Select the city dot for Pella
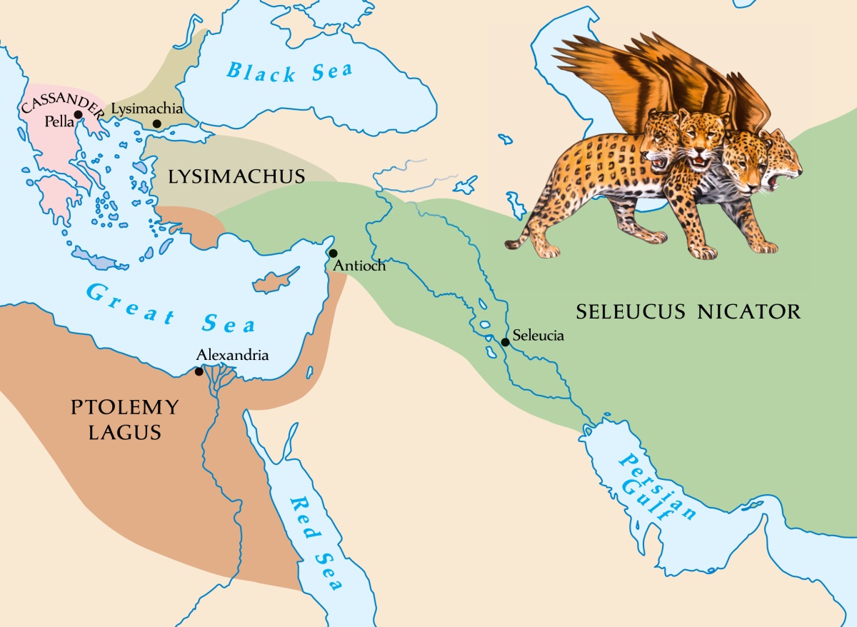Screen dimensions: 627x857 (78, 114)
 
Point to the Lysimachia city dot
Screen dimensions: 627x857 (156, 124)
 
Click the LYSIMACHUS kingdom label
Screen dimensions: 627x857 (236, 176)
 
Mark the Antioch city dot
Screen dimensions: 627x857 (333, 253)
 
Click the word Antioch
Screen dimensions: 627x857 (359, 266)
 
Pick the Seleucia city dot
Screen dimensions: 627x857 (505, 342)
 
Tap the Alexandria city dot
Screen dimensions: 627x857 (199, 371)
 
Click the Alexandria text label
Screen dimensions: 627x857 (232, 355)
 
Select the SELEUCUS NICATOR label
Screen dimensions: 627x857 (688, 312)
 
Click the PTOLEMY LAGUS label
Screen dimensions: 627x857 (124, 419)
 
